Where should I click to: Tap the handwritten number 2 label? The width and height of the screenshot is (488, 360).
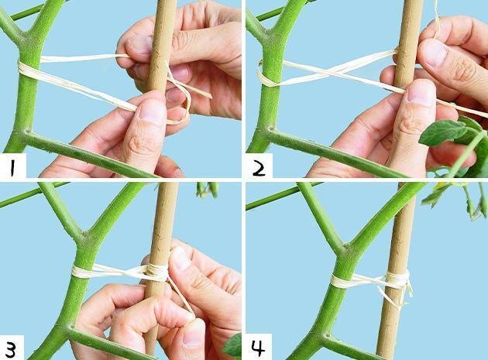click(x=259, y=168)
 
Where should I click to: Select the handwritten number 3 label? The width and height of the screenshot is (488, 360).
click(x=11, y=349)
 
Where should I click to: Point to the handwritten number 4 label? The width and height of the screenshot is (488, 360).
click(x=258, y=348)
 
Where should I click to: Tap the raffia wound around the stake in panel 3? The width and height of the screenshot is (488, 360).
click(x=157, y=273)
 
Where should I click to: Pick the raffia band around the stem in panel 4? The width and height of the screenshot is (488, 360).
click(x=342, y=281)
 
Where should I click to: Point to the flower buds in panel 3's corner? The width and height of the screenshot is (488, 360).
click(x=207, y=190)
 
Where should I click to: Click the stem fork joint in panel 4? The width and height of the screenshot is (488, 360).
click(x=345, y=249)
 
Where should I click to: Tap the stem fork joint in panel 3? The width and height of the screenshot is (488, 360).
click(x=84, y=236)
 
